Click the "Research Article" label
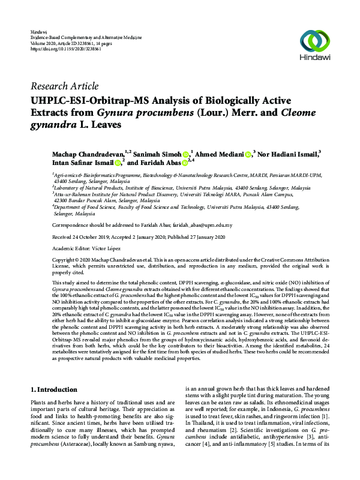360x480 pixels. pos(64,86)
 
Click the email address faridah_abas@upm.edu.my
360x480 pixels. pos(199,226)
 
